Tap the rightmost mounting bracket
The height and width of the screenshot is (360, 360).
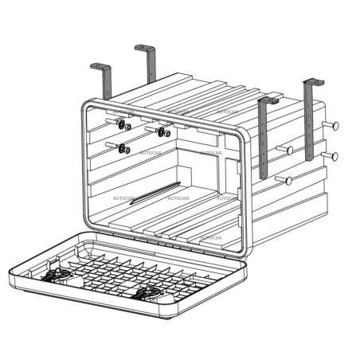[309, 119]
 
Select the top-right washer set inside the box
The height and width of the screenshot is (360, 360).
[164, 131]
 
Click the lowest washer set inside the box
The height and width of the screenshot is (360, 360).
[123, 148]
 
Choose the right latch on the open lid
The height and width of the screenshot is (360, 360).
[149, 293]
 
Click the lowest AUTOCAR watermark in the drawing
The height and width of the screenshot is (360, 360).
[211, 237]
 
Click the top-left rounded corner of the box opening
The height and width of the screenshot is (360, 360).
[86, 106]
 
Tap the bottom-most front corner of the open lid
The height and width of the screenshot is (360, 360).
[171, 319]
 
